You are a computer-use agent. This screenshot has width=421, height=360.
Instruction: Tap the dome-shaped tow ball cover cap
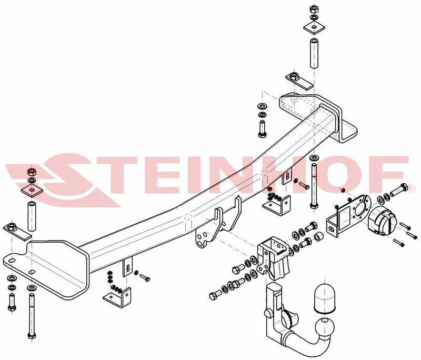pos(325,298)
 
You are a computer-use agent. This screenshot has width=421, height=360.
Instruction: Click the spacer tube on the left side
pos(31,215)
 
